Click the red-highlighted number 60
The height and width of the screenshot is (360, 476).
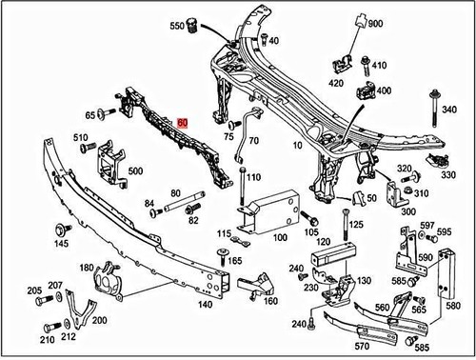coord(183,123)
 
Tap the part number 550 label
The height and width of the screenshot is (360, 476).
coord(178,26)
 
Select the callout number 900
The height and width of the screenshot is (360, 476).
coord(374,23)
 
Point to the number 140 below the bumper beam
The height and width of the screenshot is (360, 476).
coord(204,307)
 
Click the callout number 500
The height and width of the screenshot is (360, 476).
coord(135,171)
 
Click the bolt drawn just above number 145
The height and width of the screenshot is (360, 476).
coord(62,230)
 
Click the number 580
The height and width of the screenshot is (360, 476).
coord(452,306)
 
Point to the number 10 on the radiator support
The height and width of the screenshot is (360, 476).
coord(298,146)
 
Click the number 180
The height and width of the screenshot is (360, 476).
coord(86,269)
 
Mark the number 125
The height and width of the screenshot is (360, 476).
coord(355,225)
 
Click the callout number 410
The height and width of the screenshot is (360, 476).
coord(380,66)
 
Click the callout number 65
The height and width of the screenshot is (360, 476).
coord(91,114)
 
